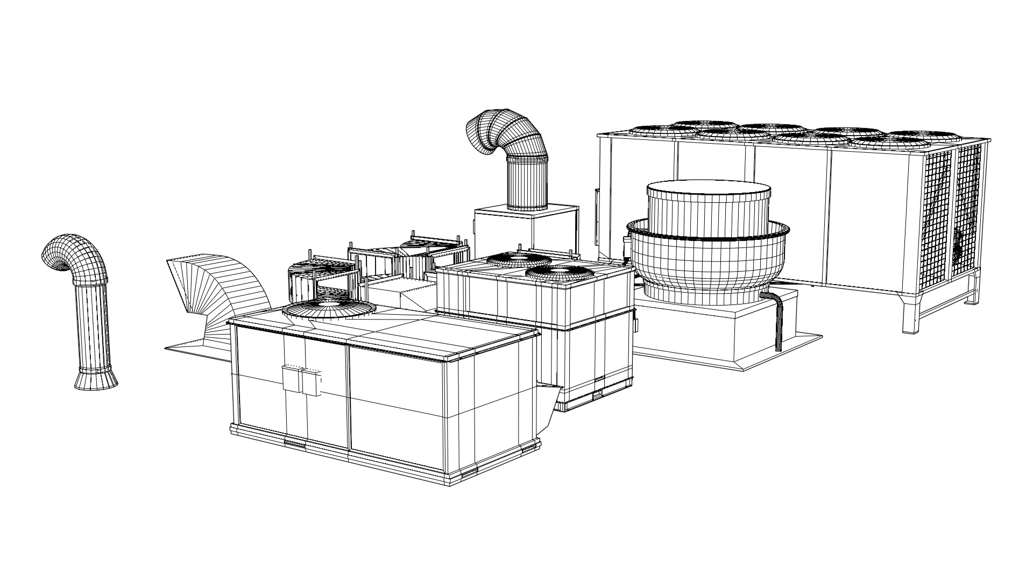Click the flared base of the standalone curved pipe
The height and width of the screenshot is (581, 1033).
pos(96,378)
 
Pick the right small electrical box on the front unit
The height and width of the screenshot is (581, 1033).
pos(310,382)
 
